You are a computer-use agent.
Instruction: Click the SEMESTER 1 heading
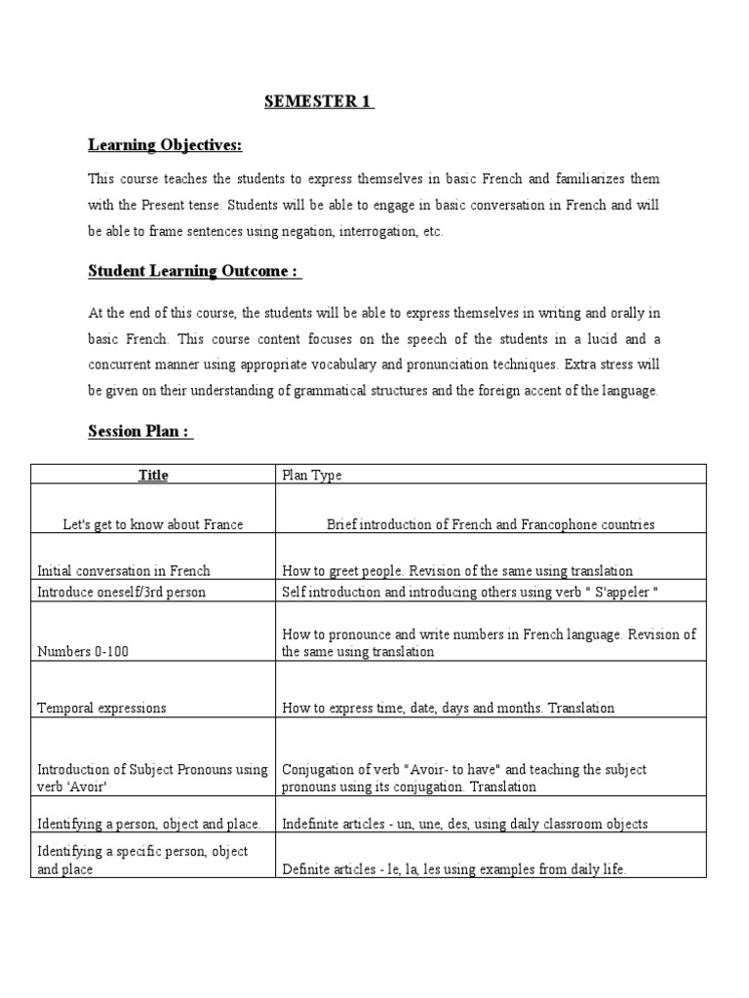click(x=320, y=102)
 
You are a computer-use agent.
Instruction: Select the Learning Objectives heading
click(x=165, y=145)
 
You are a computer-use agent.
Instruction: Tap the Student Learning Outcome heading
click(x=195, y=271)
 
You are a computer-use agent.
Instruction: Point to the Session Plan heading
click(x=140, y=431)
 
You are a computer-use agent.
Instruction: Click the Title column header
click(x=153, y=475)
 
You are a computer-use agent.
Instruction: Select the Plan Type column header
click(x=312, y=475)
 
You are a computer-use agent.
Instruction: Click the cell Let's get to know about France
click(x=153, y=524)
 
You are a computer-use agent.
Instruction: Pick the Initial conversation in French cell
click(x=123, y=571)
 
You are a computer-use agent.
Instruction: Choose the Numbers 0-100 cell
click(x=83, y=651)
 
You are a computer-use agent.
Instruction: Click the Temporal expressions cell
click(x=101, y=709)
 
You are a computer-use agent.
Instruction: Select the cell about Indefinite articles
click(x=464, y=824)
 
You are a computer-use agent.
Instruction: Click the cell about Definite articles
click(x=453, y=869)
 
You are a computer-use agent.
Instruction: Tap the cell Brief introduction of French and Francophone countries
click(x=491, y=524)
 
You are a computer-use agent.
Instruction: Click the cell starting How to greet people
click(x=457, y=571)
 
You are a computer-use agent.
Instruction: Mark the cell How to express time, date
click(x=449, y=709)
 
